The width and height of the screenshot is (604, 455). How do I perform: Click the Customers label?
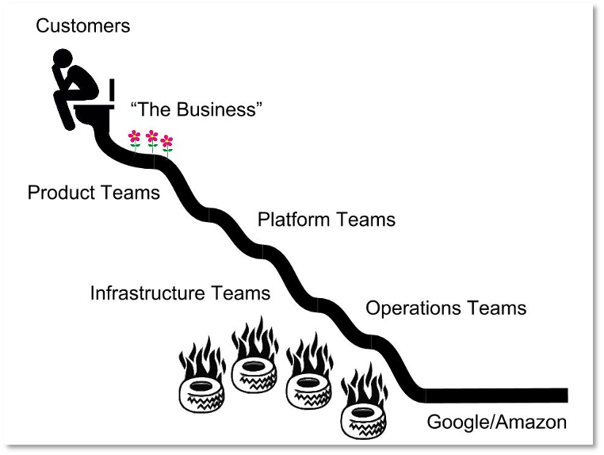tap(82, 25)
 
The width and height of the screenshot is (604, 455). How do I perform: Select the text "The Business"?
tap(196, 109)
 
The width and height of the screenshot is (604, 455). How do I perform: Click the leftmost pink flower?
tap(135, 137)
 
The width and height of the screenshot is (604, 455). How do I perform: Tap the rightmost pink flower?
tap(166, 141)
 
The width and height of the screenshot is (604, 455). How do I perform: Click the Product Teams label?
tap(94, 192)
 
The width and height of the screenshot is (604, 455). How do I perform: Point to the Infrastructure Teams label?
tap(180, 292)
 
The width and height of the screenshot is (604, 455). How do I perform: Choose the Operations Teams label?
tap(445, 308)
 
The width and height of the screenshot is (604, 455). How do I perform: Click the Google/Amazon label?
tap(497, 422)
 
